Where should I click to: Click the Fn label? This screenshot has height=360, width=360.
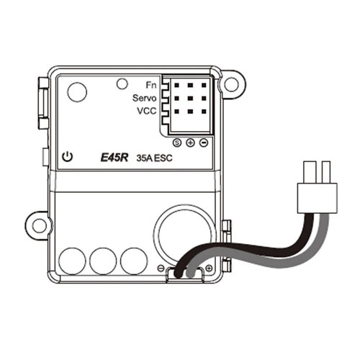click(x=151, y=85)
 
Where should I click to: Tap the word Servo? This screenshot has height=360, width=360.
click(x=145, y=98)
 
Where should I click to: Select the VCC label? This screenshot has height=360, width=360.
click(x=147, y=111)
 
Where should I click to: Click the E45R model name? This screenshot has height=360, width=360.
click(x=114, y=158)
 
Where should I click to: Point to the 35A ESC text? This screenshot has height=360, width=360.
click(x=154, y=158)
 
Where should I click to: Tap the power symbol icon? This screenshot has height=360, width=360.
click(x=67, y=157)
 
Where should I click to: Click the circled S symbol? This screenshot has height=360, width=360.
click(x=177, y=143)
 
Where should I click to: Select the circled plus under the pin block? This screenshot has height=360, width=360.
click(x=190, y=143)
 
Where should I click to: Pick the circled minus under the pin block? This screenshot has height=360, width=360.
click(x=204, y=143)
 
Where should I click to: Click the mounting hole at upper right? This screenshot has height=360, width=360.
click(x=231, y=84)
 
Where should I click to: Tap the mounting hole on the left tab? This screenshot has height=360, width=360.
click(x=40, y=226)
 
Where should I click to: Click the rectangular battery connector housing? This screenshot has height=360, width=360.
click(x=318, y=198)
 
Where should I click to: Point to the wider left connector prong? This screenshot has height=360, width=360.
click(x=310, y=172)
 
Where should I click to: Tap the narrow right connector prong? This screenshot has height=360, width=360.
click(x=326, y=172)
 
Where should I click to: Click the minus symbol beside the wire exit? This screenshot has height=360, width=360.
click(x=161, y=268)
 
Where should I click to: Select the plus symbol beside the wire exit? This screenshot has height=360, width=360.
click(x=209, y=268)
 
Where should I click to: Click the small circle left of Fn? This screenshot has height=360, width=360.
click(x=122, y=84)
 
